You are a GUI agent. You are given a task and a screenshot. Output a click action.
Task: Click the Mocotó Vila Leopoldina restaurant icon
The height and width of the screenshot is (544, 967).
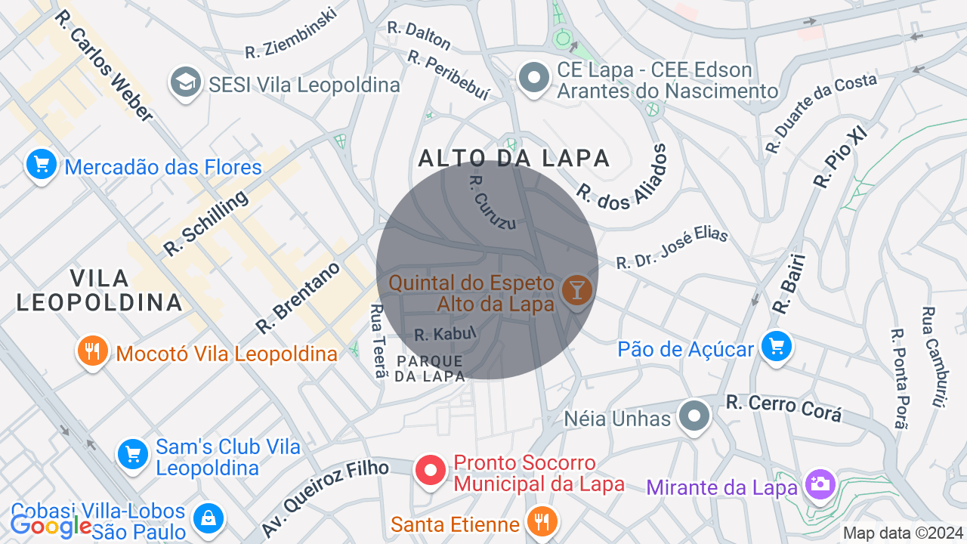[93, 351]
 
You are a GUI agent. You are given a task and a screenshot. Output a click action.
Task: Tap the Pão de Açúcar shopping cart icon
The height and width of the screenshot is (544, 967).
[776, 348]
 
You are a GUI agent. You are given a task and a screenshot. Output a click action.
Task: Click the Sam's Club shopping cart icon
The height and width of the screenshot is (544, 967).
[133, 454]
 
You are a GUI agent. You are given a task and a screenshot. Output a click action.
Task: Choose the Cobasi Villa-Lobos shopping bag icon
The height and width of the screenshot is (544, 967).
[206, 519]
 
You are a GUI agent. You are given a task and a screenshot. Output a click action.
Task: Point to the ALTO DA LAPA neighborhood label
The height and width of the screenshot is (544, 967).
[514, 158]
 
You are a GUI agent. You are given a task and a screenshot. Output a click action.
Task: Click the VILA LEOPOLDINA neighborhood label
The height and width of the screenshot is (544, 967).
[99, 290]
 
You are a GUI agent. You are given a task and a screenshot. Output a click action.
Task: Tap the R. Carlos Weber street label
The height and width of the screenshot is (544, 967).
[104, 65]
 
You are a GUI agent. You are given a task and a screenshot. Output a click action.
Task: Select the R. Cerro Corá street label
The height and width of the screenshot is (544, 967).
[783, 408]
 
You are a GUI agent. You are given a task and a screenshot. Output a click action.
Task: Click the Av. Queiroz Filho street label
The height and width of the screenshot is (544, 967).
[325, 497]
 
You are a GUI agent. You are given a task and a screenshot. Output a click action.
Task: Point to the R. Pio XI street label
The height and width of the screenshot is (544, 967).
[840, 157]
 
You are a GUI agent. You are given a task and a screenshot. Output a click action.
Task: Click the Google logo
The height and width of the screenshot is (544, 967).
[51, 526]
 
